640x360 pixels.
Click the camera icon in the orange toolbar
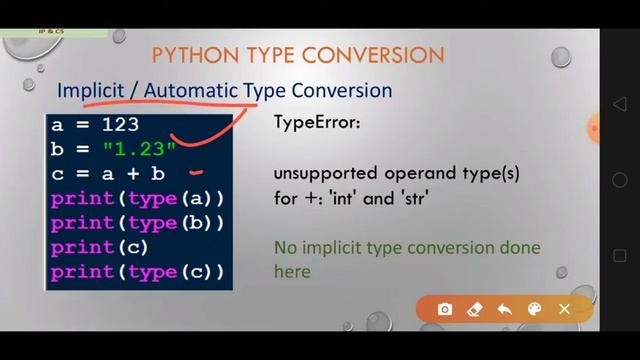[445, 310]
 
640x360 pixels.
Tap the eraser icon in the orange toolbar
[475, 310]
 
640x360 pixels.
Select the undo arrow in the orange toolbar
[504, 310]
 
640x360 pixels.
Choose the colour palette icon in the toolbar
[534, 310]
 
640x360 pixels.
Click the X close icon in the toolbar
[564, 310]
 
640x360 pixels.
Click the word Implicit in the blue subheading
[91, 90]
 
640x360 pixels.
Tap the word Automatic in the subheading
[192, 90]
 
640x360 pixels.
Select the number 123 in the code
[120, 126]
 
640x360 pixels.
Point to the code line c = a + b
[107, 174]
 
